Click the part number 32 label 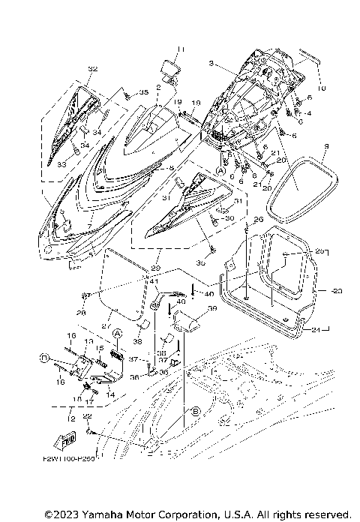[92, 69]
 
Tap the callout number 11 [179, 49]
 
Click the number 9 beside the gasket [327, 145]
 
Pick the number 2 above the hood [159, 88]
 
